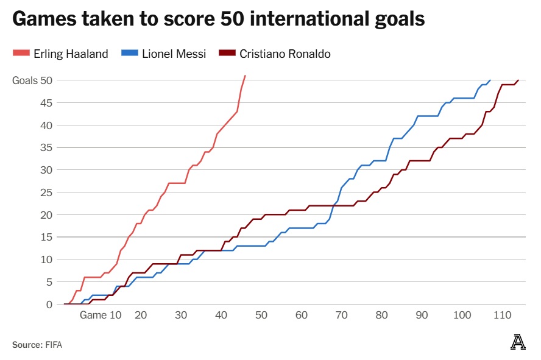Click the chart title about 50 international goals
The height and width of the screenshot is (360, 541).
point(218,19)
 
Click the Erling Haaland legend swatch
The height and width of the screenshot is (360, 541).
point(20,54)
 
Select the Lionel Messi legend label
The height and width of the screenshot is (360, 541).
point(174,54)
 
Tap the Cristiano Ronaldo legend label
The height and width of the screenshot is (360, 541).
point(285,54)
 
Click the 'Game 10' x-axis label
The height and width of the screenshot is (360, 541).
point(101,316)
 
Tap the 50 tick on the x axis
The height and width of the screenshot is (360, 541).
point(261,316)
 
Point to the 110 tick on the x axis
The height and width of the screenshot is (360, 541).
point(503,316)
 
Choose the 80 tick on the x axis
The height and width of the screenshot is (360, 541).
point(382,316)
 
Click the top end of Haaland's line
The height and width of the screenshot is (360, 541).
point(245,76)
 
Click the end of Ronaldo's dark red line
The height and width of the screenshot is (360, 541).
point(518,80)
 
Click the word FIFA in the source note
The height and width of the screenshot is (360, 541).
point(54,345)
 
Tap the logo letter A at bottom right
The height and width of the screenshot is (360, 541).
point(518,342)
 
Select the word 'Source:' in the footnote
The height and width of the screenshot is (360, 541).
point(27,345)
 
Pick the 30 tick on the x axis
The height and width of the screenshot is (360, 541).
point(181,316)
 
